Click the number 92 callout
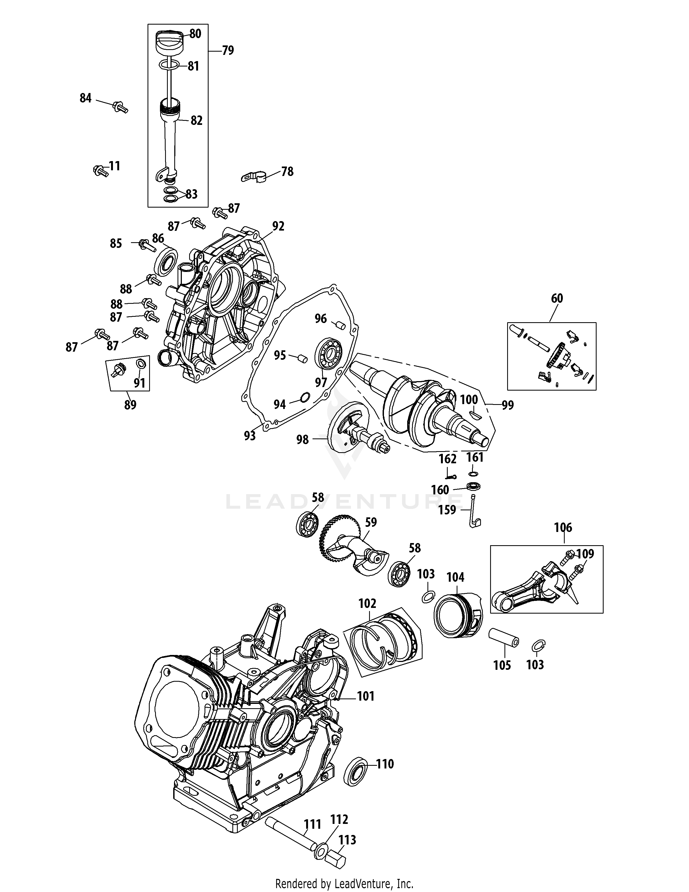coord(278,226)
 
